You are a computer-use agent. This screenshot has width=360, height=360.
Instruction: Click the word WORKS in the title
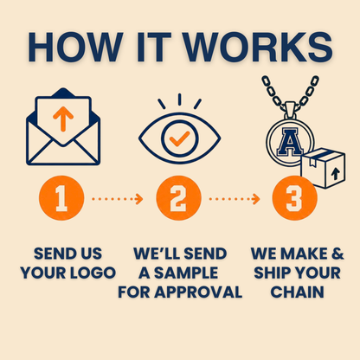(x=258, y=48)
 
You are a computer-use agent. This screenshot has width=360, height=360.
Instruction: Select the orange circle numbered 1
(x=61, y=198)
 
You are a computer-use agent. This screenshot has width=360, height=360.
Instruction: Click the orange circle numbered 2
(x=178, y=198)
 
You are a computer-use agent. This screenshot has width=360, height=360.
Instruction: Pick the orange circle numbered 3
(x=294, y=198)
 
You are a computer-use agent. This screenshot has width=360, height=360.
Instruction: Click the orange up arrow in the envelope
(x=63, y=119)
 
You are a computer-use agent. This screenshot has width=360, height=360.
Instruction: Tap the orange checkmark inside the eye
(x=179, y=138)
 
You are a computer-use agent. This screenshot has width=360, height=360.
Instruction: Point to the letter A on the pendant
(x=290, y=142)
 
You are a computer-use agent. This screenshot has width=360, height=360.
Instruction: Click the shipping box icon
(x=323, y=168)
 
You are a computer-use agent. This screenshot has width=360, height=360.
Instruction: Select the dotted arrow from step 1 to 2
(x=118, y=199)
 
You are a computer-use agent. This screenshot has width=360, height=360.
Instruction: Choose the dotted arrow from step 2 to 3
(x=235, y=199)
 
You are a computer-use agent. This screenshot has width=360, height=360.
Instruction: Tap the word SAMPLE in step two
(x=186, y=273)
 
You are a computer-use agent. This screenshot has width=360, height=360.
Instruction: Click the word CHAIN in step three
(x=297, y=292)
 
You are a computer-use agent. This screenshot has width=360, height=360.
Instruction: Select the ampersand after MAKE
(x=337, y=254)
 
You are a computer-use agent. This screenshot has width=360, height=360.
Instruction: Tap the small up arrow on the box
(x=335, y=174)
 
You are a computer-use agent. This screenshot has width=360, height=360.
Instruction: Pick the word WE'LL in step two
(x=157, y=254)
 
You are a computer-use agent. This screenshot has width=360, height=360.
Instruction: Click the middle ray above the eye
(x=179, y=100)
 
